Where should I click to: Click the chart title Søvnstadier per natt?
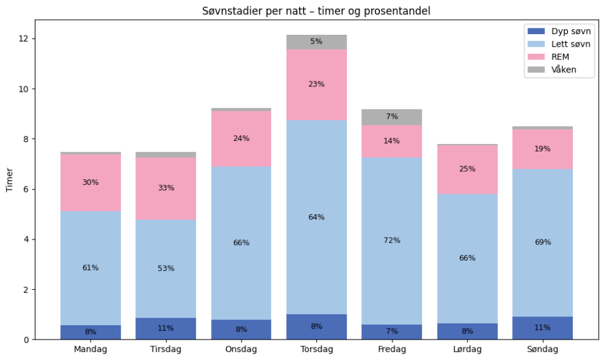point(316,11)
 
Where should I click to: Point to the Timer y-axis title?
point(10,180)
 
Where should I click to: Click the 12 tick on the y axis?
point(23,39)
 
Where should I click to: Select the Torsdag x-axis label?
point(317,349)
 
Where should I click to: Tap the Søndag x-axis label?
point(543,349)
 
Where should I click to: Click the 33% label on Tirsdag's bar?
point(166,188)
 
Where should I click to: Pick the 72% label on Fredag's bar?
point(392,240)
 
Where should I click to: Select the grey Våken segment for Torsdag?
point(317,42)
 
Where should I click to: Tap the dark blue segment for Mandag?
point(91,333)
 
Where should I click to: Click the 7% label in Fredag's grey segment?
point(392,117)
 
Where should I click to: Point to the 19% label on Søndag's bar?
point(543,149)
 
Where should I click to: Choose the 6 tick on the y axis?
point(23,189)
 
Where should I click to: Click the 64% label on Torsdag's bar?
point(317,217)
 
